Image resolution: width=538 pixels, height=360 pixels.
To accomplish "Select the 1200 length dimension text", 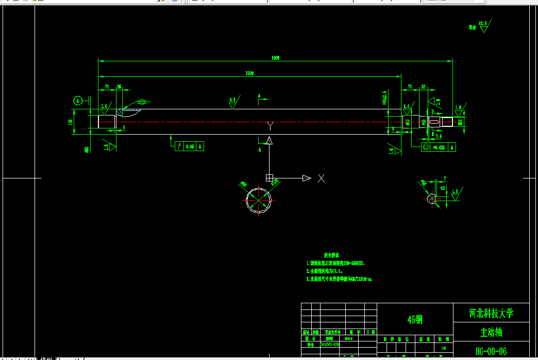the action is pos(249,74).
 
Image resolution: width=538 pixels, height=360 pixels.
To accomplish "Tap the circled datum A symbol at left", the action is pos(78,101).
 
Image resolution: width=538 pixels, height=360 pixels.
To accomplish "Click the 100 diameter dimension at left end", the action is pos(70,122).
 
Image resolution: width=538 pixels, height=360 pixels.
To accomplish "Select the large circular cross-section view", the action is pos(259,200).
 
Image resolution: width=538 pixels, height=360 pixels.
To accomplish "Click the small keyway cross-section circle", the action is pos(432,199).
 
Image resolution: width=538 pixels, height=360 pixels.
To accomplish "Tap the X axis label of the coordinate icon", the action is pos(321,178).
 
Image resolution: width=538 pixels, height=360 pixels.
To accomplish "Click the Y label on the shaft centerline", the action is pos(270,125).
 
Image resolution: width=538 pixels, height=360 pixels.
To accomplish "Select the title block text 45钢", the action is pos(415,320).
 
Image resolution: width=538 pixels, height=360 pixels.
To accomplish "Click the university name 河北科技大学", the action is pos(491,313).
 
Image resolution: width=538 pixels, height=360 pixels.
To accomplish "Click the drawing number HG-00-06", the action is pos(491,351).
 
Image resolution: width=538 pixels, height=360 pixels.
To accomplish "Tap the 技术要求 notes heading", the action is pos(331,255).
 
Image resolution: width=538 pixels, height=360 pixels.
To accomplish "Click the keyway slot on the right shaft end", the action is pos(434,122).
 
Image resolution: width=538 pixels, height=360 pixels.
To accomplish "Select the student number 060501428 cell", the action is pos(330,344).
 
